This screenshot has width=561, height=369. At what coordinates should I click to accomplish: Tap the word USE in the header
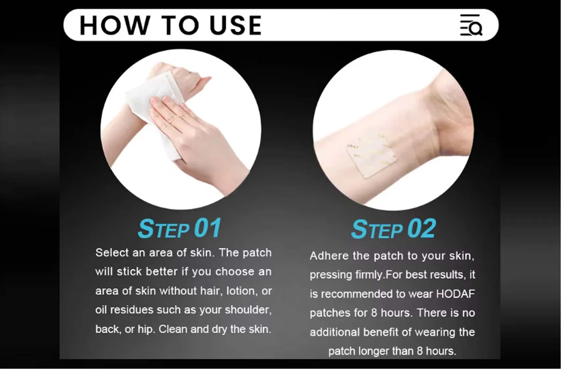(x=235, y=25)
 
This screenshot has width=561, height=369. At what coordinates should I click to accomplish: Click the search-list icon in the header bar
(x=471, y=25)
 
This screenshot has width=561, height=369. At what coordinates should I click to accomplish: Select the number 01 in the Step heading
(x=207, y=228)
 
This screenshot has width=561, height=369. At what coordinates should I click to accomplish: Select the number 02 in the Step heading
(x=421, y=229)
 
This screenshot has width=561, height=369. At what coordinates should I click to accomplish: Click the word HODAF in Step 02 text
(x=455, y=294)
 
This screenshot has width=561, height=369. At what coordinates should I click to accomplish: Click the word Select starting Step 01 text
(x=112, y=253)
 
